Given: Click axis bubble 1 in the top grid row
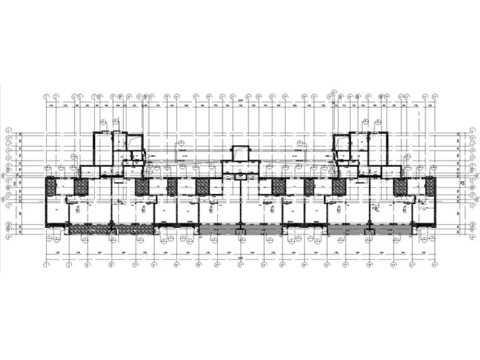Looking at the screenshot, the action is [x=46, y=97].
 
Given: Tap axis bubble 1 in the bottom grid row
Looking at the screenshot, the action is [x=46, y=265].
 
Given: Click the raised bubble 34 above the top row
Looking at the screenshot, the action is [x=335, y=90].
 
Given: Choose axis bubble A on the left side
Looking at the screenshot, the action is [x=8, y=236].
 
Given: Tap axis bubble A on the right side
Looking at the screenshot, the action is [x=472, y=236].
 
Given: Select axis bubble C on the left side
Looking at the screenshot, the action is [x=8, y=204].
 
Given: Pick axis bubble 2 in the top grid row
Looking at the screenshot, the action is [x=56, y=97].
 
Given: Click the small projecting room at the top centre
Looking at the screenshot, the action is [x=240, y=153].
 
